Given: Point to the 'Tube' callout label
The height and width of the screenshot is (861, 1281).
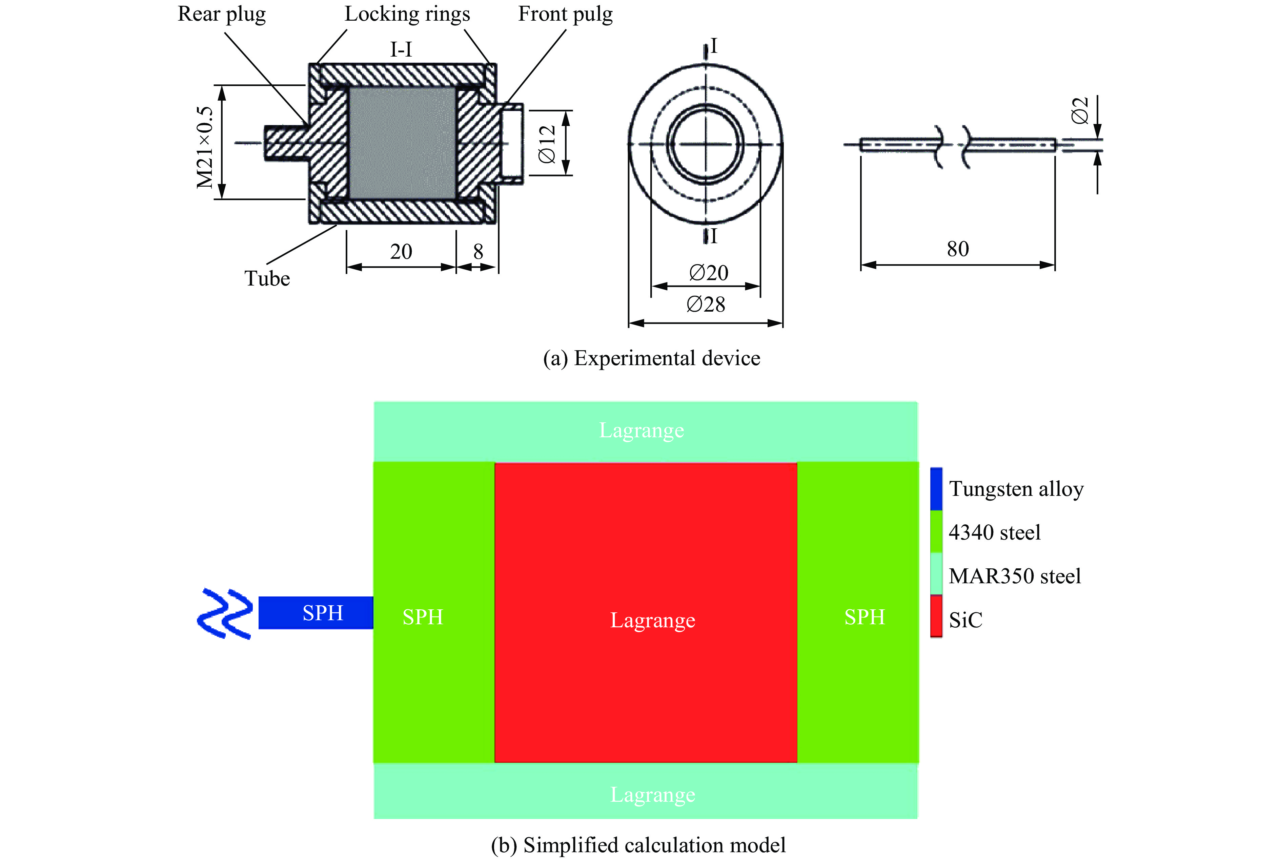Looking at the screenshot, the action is (267, 278).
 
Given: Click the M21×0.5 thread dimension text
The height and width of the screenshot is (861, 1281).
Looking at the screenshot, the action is (205, 147).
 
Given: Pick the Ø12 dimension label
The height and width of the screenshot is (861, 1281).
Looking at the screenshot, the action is (547, 144).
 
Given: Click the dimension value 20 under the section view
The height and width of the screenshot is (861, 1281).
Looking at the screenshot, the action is (401, 251).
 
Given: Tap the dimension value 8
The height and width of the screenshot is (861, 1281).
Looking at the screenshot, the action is (478, 251).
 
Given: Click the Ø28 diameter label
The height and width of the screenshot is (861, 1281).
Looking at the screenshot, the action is (706, 304).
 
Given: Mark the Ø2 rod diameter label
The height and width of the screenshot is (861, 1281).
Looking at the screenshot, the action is (1080, 111).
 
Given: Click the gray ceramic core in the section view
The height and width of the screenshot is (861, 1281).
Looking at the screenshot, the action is (402, 143).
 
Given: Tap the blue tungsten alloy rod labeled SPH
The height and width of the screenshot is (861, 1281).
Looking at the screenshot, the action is (316, 612).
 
